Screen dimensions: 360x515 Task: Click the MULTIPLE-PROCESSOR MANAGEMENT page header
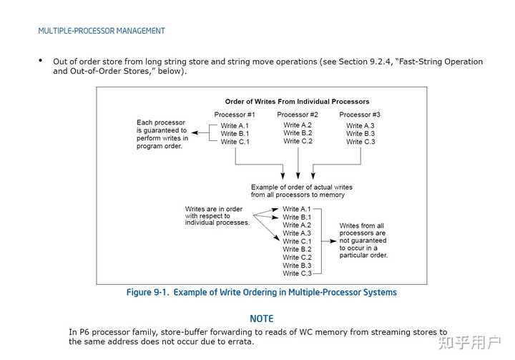(102, 31)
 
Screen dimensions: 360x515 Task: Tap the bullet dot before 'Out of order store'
(41, 61)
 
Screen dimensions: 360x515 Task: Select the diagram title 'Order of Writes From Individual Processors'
(297, 102)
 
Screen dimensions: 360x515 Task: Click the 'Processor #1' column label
(235, 115)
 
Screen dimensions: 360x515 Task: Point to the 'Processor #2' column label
(298, 115)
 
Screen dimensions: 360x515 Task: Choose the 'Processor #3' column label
(360, 115)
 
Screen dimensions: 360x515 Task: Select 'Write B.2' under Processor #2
(298, 133)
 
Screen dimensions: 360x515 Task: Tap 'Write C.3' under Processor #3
(360, 142)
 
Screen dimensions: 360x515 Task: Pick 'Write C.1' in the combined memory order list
(297, 241)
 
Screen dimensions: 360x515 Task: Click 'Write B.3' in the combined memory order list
(297, 266)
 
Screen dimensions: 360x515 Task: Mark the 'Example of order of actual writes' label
(301, 188)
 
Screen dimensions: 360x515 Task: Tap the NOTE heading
(261, 318)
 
